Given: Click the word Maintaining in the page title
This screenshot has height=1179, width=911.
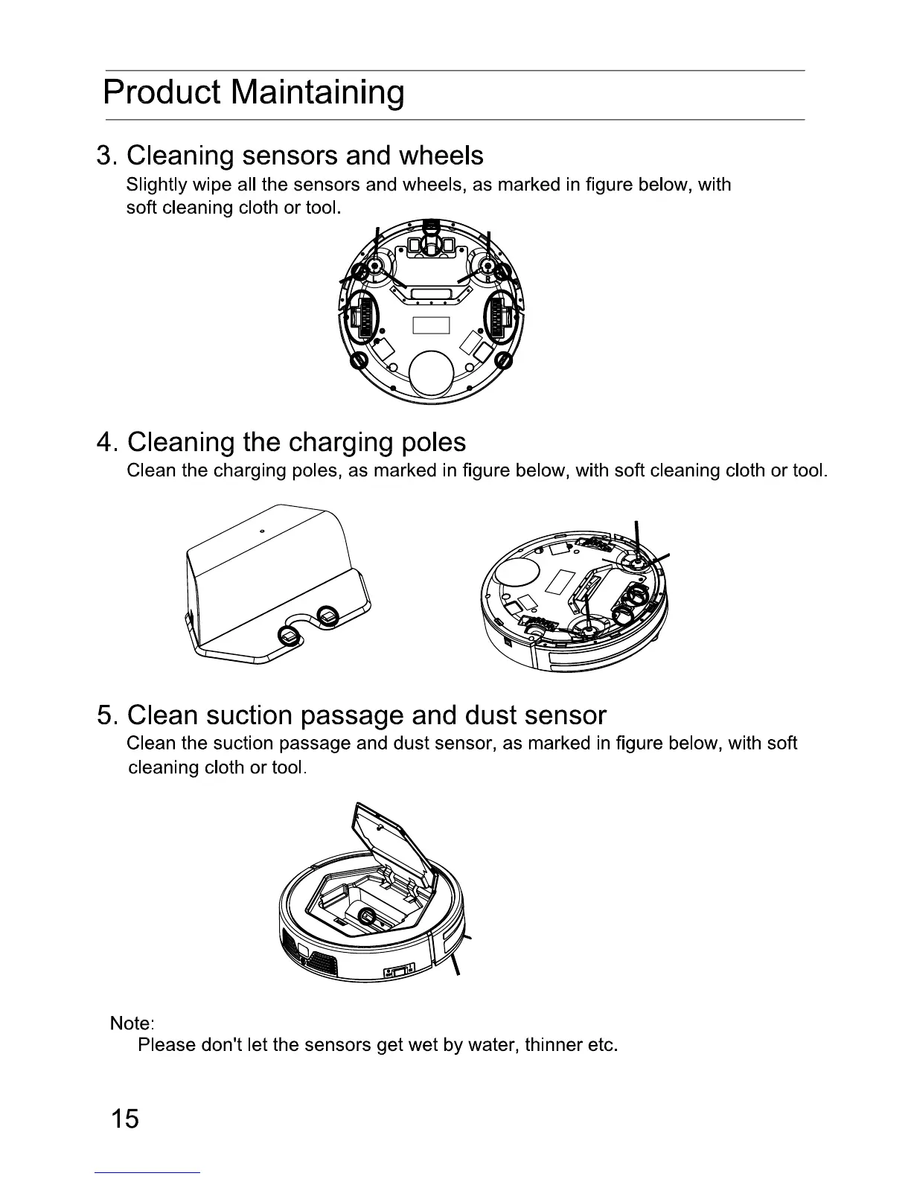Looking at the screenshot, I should pyautogui.click(x=318, y=93).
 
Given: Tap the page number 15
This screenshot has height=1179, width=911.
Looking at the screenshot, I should pyautogui.click(x=125, y=1118).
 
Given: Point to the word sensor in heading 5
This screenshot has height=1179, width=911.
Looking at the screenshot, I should pyautogui.click(x=566, y=715).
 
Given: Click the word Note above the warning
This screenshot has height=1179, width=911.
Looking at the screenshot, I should pyautogui.click(x=131, y=1023).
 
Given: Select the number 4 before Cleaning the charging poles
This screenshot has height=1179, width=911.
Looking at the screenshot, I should pyautogui.click(x=104, y=442).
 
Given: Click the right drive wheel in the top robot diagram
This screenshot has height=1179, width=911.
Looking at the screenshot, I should pyautogui.click(x=500, y=319).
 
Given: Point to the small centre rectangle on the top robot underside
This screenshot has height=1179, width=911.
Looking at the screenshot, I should pyautogui.click(x=432, y=326).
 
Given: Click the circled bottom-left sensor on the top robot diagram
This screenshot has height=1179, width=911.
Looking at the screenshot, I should pyautogui.click(x=358, y=362).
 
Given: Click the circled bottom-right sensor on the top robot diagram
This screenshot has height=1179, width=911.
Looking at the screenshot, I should pyautogui.click(x=503, y=362).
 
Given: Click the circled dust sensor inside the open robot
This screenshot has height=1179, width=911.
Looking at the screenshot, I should pyautogui.click(x=367, y=917).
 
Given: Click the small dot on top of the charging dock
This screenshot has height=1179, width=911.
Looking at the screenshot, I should pyautogui.click(x=262, y=531).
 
